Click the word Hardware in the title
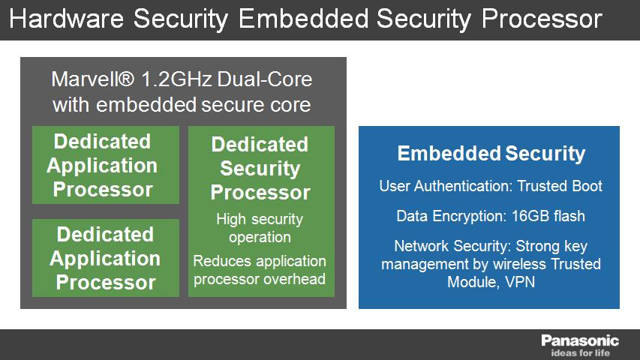point(66,18)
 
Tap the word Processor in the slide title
point(542,18)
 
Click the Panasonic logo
point(580,340)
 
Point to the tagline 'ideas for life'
point(580,352)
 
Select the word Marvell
point(92,79)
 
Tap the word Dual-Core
point(265,79)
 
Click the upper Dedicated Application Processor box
point(106,165)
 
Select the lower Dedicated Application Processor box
point(106,258)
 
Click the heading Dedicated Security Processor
point(260,168)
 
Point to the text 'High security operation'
point(260,228)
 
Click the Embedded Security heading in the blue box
point(491,154)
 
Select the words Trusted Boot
point(560,186)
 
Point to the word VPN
point(520,282)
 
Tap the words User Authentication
point(446,186)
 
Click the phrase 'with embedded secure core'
point(182,104)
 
